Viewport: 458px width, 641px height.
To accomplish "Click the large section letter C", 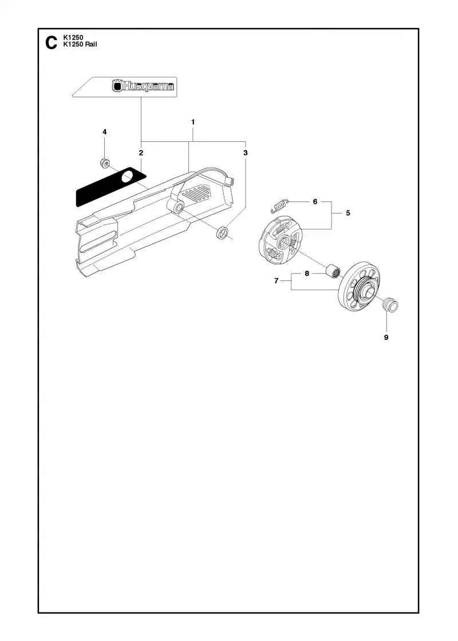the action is (51, 42).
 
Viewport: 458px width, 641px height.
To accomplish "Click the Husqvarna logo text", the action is (143, 86).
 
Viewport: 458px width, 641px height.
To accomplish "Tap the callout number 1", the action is (193, 122).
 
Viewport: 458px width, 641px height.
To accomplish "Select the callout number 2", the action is (141, 153).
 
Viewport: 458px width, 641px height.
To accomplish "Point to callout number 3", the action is (246, 153).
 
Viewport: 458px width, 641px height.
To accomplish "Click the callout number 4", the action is (105, 132).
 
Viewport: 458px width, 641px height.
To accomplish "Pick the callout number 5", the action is (348, 213).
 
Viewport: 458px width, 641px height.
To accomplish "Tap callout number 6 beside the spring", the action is (315, 201).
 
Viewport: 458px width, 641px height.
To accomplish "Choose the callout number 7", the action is (277, 281).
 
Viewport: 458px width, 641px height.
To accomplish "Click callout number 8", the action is (307, 274).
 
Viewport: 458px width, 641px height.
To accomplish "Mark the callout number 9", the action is (386, 338).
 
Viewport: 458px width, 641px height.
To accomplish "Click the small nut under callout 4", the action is (104, 163).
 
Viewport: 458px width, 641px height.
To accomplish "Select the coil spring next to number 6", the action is (280, 205).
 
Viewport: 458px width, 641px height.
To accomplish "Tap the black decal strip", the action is (110, 187).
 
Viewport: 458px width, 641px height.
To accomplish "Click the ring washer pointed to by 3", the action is (223, 232).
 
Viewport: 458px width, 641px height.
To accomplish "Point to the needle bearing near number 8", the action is (333, 271).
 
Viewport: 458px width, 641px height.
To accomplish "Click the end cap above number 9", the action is (390, 305).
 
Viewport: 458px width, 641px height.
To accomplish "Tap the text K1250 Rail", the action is (80, 45).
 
